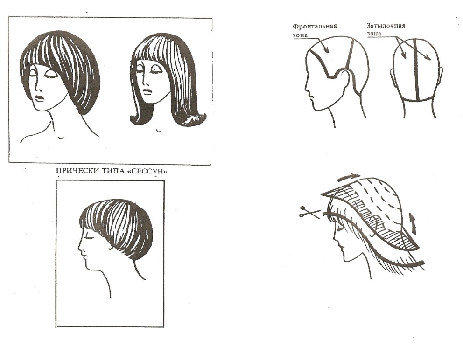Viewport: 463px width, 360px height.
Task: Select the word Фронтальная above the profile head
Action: pyautogui.click(x=315, y=26)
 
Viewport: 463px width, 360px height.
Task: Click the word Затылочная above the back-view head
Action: pyautogui.click(x=386, y=26)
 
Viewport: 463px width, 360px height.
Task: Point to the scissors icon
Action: pyautogui.click(x=309, y=212)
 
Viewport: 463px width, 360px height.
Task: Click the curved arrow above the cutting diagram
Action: pyautogui.click(x=349, y=177)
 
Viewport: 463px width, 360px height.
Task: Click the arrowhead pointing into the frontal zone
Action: pyautogui.click(x=326, y=50)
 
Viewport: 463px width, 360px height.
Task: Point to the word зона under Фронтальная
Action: pyautogui.click(x=300, y=35)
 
